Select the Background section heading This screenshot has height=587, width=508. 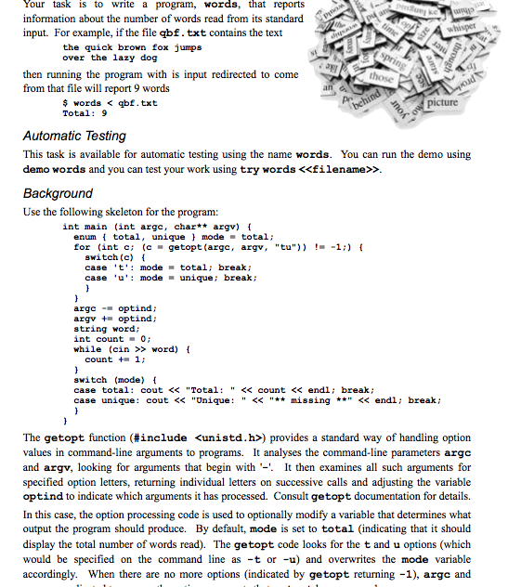tap(58, 193)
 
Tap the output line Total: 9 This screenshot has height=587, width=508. tap(85, 113)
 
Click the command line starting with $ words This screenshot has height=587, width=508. tap(110, 102)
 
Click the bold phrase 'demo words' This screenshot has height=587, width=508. tap(53, 170)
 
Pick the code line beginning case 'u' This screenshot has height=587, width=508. tap(172, 277)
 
